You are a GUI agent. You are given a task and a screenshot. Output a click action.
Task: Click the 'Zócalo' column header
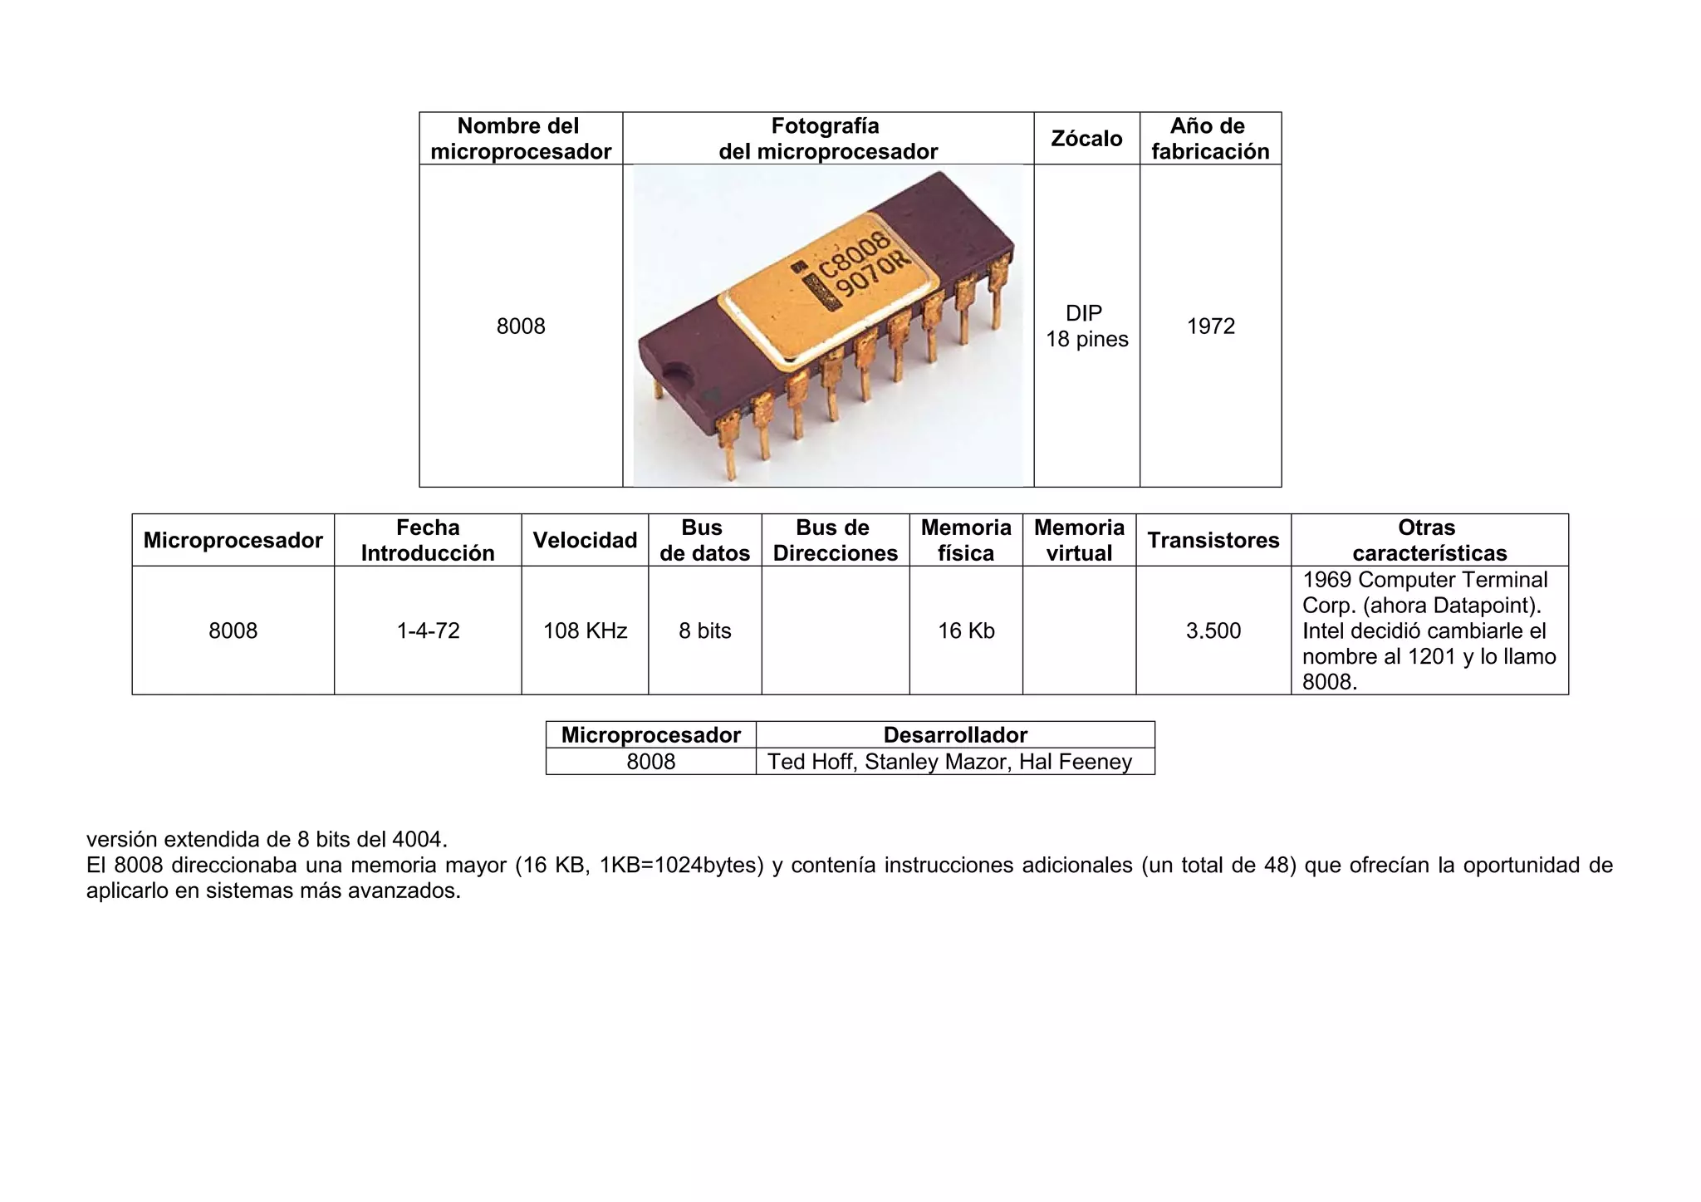coord(1086,139)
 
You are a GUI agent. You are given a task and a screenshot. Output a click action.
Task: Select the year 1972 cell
coord(1211,326)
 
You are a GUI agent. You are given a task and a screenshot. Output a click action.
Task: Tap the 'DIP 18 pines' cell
coord(1086,326)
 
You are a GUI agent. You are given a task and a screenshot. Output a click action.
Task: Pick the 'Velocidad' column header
coord(585,541)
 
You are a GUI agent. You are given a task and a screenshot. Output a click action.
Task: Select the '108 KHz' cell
coord(585,631)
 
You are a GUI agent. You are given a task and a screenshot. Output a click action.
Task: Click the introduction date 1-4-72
coord(428,631)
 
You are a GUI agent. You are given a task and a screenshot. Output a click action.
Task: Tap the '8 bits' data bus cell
coord(704,631)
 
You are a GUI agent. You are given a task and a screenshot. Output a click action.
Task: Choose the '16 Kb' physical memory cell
coord(966,631)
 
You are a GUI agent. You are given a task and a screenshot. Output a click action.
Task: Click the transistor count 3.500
coord(1213,631)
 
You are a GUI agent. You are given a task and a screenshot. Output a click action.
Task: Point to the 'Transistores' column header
coord(1213,541)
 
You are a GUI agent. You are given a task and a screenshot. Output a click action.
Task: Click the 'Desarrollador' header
coord(955,735)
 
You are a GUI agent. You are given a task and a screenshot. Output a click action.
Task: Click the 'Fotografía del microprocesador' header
coord(827,139)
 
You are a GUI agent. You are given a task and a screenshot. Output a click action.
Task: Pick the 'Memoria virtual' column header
coord(1079,541)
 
